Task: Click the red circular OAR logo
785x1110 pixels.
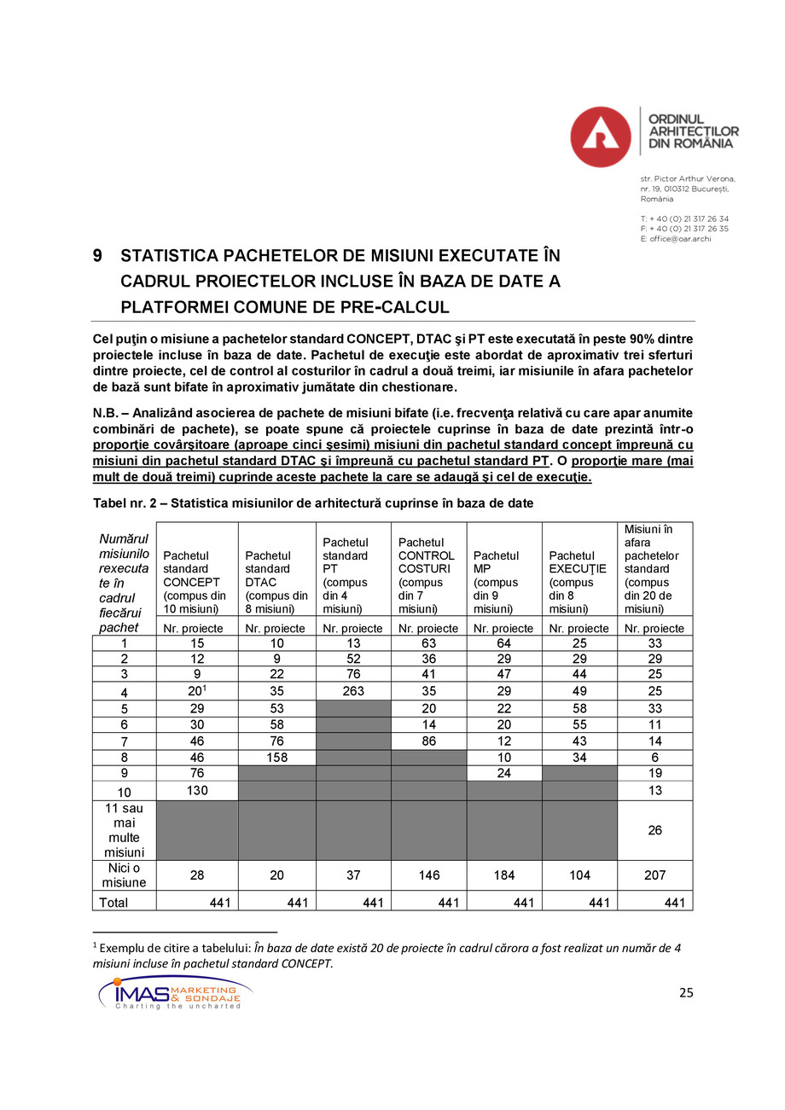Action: click(601, 137)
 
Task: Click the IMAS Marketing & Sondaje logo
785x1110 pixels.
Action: click(175, 993)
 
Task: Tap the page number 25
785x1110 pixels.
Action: click(685, 992)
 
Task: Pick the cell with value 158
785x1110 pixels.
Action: click(276, 756)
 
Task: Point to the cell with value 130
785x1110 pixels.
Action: click(197, 790)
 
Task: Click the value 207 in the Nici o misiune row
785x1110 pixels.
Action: click(654, 875)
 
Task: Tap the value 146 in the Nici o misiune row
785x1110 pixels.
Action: click(428, 875)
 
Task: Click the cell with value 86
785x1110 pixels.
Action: click(428, 741)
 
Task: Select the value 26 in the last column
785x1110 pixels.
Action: click(654, 830)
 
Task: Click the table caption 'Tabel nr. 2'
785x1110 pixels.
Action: click(128, 503)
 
